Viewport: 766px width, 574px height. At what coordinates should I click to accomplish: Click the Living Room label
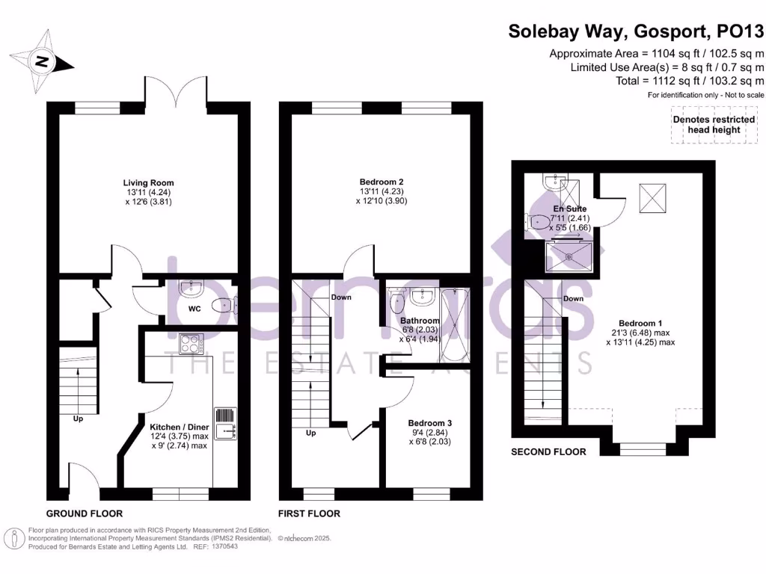click(148, 182)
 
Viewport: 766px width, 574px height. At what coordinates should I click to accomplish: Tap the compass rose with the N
click(43, 61)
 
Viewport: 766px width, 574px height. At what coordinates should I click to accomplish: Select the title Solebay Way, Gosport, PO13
click(636, 31)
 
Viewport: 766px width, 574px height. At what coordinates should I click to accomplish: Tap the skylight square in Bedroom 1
click(649, 197)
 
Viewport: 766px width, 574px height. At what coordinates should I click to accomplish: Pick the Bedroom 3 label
click(429, 422)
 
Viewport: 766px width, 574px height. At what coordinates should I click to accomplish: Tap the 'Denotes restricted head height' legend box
click(706, 124)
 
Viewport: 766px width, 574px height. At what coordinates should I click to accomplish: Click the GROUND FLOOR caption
click(85, 513)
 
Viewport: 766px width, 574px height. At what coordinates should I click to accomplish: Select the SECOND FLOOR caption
click(548, 451)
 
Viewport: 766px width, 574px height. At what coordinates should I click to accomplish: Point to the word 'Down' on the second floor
click(573, 298)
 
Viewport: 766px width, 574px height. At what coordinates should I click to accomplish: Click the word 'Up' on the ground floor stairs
click(78, 419)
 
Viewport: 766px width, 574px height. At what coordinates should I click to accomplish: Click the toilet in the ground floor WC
click(221, 304)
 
